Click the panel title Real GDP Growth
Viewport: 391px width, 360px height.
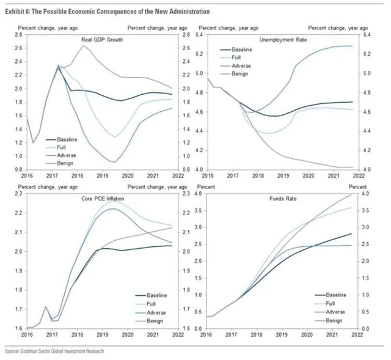coord(101,40)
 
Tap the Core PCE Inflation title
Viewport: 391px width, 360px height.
coord(101,199)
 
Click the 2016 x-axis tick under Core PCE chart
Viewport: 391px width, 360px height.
coord(27,335)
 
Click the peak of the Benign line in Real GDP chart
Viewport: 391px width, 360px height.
coord(84,46)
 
